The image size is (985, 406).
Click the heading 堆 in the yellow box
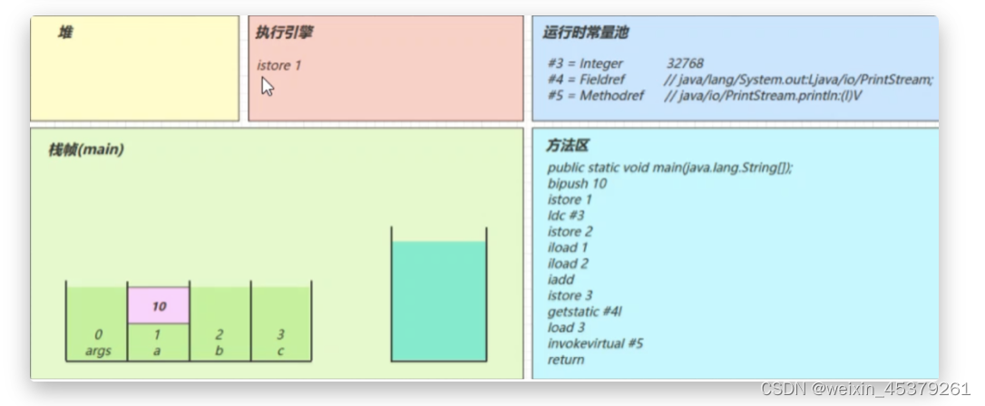click(x=65, y=34)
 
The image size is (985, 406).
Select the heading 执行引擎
click(x=285, y=34)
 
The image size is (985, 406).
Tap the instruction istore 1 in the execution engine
click(x=279, y=65)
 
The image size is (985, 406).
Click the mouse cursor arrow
click(x=268, y=86)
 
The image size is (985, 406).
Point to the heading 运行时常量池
click(x=585, y=34)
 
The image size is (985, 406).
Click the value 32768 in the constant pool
click(x=685, y=64)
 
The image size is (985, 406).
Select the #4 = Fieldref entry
click(x=587, y=80)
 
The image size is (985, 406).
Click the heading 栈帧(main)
click(x=85, y=150)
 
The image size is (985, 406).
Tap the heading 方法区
click(x=568, y=146)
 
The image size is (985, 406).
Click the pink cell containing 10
click(x=159, y=306)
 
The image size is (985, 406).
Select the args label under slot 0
click(x=98, y=351)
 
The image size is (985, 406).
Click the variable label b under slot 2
click(x=219, y=351)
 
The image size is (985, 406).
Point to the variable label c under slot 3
click(x=280, y=351)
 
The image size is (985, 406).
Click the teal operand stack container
click(x=439, y=299)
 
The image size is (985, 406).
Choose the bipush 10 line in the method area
click(x=577, y=184)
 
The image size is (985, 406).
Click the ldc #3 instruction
click(x=566, y=216)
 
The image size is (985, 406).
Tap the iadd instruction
click(x=561, y=279)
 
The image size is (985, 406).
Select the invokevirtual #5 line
click(x=595, y=343)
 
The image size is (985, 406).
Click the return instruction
click(x=566, y=360)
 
